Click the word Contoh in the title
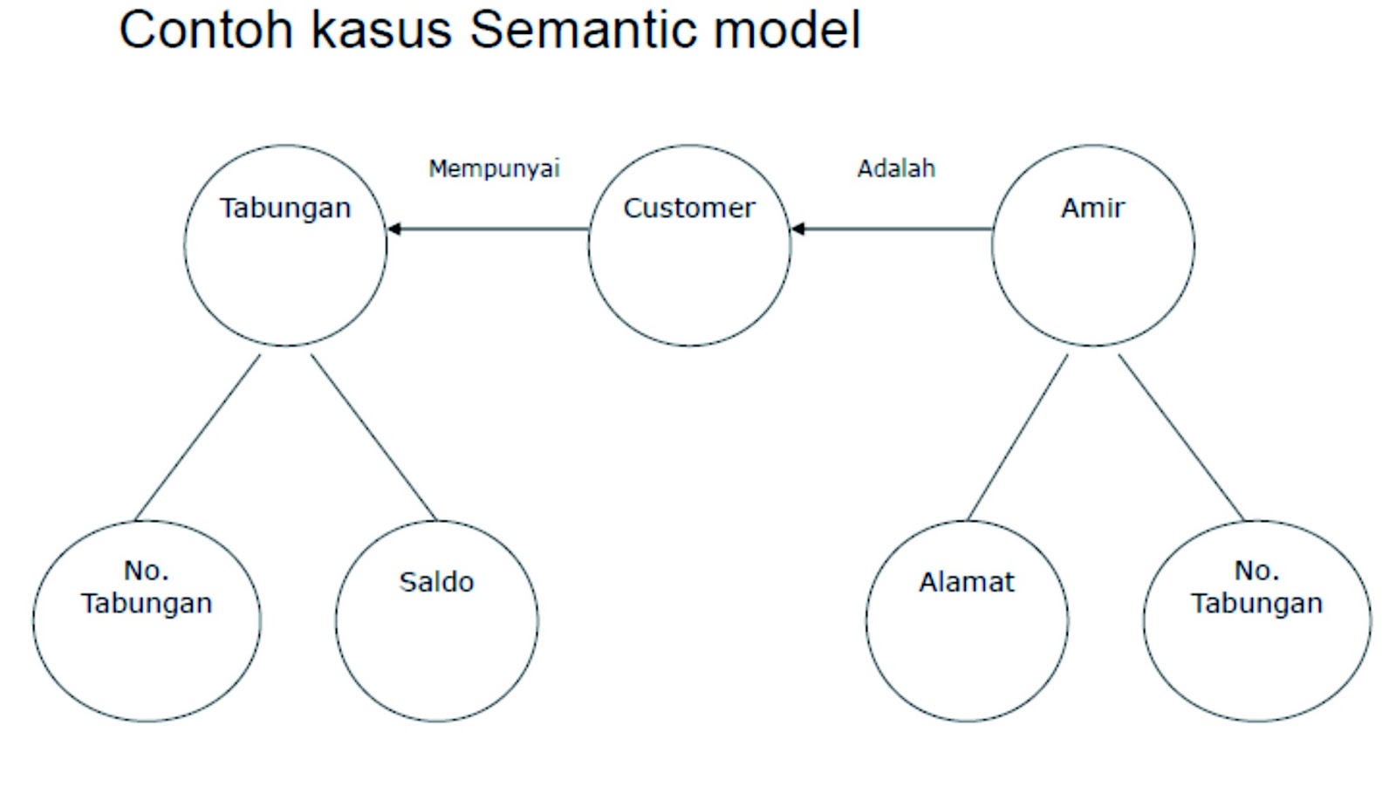205,30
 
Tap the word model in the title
787,30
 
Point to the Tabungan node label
284,209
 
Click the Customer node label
688,209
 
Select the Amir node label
1092,209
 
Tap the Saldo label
436,582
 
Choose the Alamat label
966,582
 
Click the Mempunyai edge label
494,168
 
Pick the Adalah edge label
896,168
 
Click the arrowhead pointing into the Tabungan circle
394,229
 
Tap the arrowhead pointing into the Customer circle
797,229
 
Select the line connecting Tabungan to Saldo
373,437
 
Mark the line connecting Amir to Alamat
1017,437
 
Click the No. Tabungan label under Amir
1256,587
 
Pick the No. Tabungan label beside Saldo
147,587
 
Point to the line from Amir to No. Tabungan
1180,437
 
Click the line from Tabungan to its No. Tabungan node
198,437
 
